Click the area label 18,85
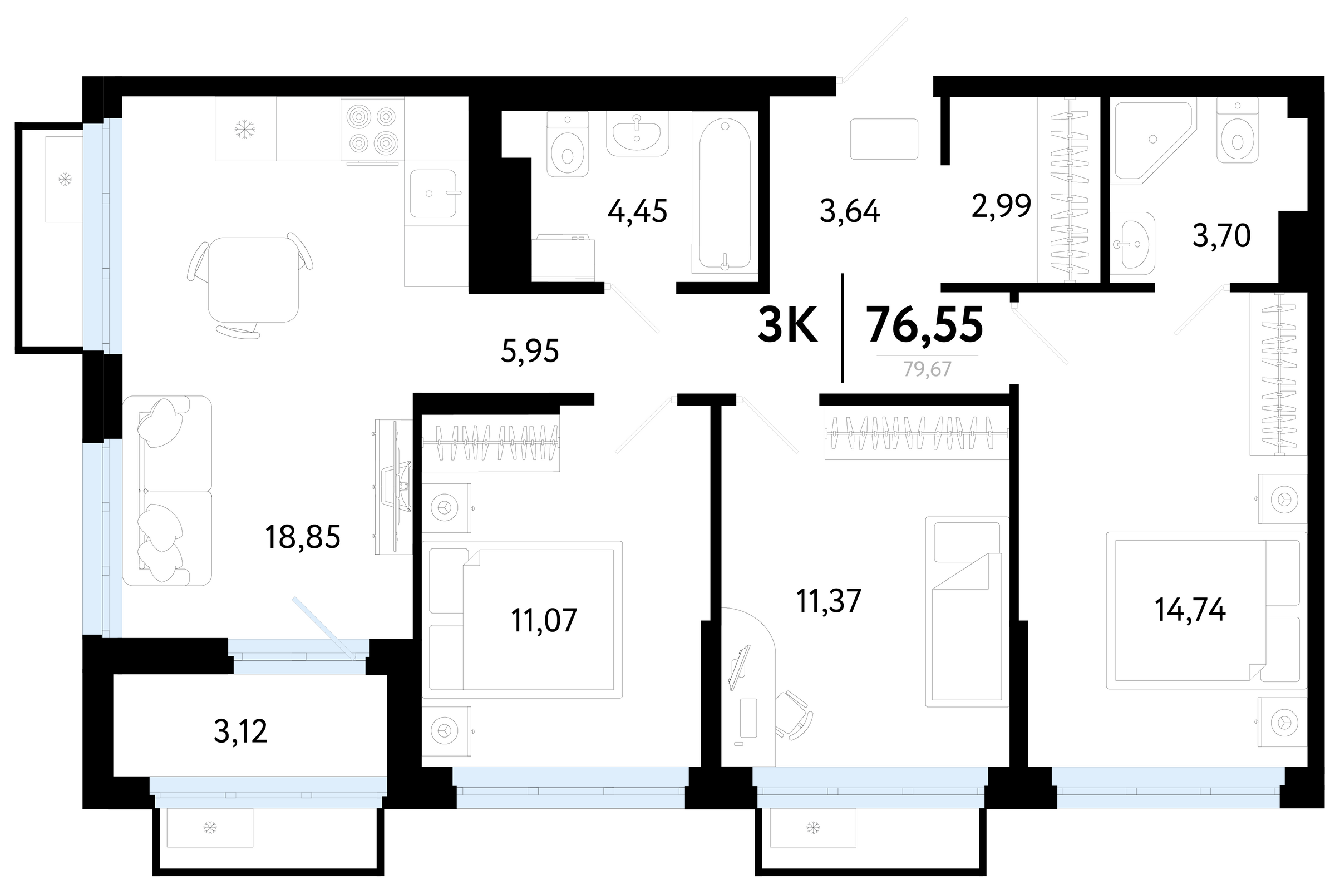pyautogui.click(x=303, y=537)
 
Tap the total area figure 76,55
pyautogui.click(x=926, y=325)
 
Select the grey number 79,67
pyautogui.click(x=927, y=369)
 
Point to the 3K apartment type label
pyautogui.click(x=788, y=325)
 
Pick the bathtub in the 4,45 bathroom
pyautogui.click(x=725, y=193)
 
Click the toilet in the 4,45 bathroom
pyautogui.click(x=567, y=144)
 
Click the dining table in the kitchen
pyautogui.click(x=253, y=279)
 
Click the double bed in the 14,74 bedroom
pyautogui.click(x=1206, y=611)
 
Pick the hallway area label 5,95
pyautogui.click(x=530, y=351)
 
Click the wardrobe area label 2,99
pyautogui.click(x=1001, y=206)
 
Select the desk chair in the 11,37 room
pyautogui.click(x=795, y=715)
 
